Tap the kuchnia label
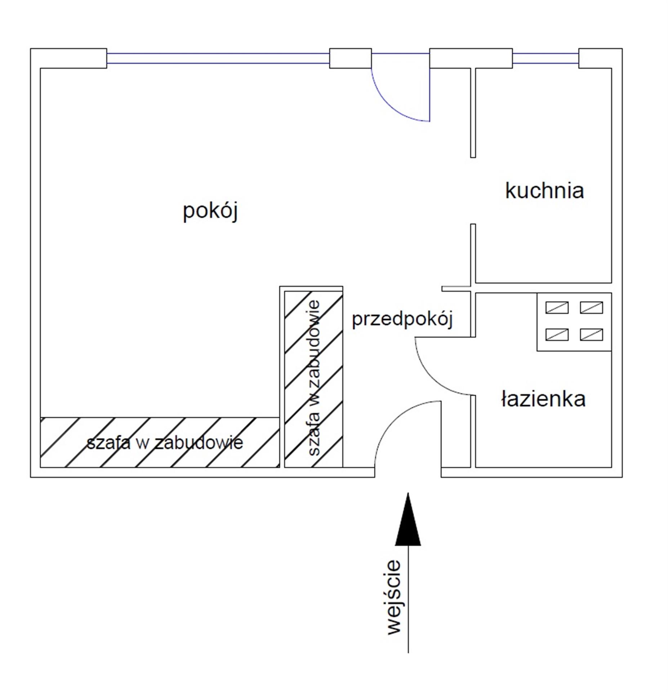click(544, 191)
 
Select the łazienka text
click(543, 399)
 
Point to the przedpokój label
click(402, 319)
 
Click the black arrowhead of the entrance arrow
click(408, 522)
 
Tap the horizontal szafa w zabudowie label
click(165, 443)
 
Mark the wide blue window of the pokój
click(218, 58)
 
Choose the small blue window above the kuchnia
click(545, 58)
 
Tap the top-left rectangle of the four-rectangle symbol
click(557, 307)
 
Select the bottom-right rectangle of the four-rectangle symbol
click(591, 334)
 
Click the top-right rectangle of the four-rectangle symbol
click(591, 307)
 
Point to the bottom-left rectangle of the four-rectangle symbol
click(557, 334)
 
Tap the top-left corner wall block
click(68, 58)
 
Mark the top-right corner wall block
click(600, 58)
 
